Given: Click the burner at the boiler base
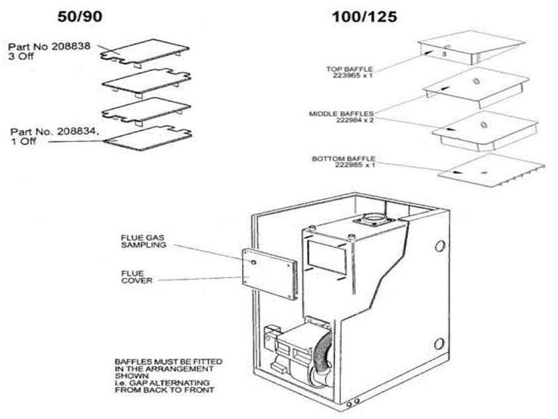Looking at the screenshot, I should point(296,353).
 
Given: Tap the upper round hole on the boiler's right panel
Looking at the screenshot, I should point(439,246).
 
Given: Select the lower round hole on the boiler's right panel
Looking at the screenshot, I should point(439,344).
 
